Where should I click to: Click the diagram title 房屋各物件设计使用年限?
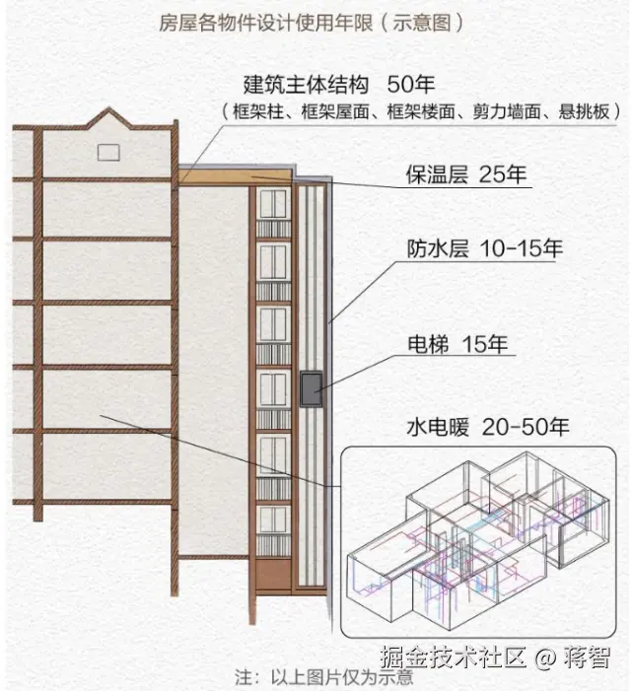click(x=267, y=23)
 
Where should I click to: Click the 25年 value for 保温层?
click(x=503, y=175)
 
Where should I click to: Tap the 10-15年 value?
click(x=521, y=248)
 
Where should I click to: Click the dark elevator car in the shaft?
click(x=312, y=388)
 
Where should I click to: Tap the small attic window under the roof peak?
click(x=108, y=152)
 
